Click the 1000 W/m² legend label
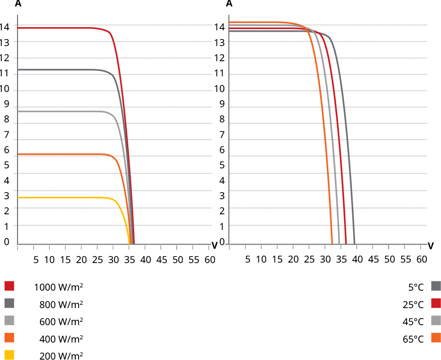58,287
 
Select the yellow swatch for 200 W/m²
9,354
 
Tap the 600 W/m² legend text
61,321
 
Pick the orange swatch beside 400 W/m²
9,338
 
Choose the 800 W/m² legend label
61,304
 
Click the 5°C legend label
415,287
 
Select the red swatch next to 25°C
436,303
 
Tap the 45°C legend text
413,321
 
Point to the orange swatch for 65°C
436,338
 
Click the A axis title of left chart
18,4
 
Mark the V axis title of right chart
430,246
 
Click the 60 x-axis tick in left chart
210,259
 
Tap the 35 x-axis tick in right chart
341,259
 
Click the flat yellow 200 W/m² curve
64,197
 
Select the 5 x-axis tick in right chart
248,259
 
